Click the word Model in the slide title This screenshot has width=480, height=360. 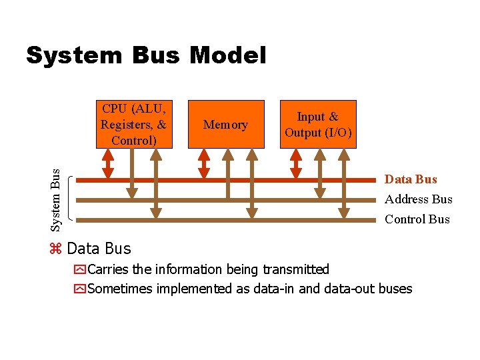[227, 55]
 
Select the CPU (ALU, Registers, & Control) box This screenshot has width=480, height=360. [133, 124]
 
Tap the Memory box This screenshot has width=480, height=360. [226, 124]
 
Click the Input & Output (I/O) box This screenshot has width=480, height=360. [317, 124]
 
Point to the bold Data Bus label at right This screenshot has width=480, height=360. [411, 179]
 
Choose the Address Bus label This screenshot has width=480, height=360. [418, 199]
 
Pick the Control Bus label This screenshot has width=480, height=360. [417, 219]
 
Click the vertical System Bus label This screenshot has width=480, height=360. [57, 199]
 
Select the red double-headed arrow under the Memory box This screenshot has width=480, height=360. [205, 163]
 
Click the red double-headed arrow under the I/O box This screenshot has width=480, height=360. [296, 163]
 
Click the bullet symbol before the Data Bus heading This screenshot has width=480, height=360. [56, 249]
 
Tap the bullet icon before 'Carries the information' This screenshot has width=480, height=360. [80, 270]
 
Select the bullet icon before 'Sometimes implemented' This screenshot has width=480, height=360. [80, 289]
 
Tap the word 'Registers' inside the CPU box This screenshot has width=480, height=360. [127, 124]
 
